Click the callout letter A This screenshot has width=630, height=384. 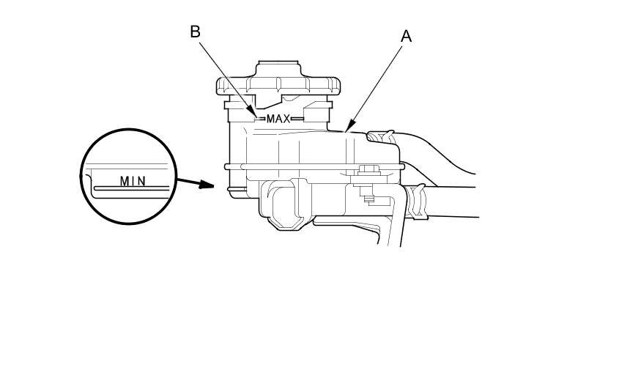click(x=406, y=36)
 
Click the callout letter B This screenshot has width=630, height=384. click(x=195, y=32)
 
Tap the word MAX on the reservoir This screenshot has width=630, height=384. click(x=278, y=118)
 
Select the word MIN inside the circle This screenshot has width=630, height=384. click(x=133, y=180)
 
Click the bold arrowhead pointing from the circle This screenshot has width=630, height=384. click(x=209, y=185)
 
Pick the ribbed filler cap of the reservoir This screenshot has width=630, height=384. click(x=278, y=86)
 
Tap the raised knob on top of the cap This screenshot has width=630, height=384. click(x=278, y=70)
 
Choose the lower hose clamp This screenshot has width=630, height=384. click(x=418, y=200)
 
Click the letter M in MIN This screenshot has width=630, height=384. click(x=124, y=180)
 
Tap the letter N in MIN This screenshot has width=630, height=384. click(x=142, y=180)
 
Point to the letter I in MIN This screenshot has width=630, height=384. click(x=133, y=180)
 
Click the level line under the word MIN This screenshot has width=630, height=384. click(x=132, y=188)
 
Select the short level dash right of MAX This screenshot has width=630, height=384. click(x=297, y=118)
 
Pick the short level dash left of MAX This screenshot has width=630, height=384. click(x=259, y=118)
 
